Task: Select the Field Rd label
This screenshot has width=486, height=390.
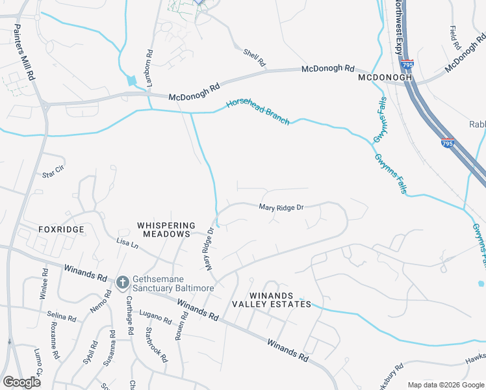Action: coord(455,39)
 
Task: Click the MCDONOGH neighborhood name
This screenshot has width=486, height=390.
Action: coord(385,77)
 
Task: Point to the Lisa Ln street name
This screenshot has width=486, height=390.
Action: coord(127,242)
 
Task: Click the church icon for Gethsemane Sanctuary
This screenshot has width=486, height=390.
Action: coord(122,283)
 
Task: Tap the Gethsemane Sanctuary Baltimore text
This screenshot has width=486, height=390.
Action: coord(164,283)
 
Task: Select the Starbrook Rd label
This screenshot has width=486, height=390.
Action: coord(157,349)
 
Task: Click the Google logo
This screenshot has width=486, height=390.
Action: coord(22,382)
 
